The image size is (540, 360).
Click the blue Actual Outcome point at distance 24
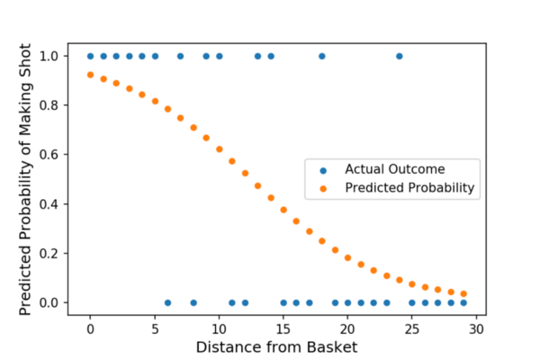[x=399, y=57]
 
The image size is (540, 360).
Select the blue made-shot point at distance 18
[x=321, y=57]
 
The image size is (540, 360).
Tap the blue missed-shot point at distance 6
[x=167, y=302]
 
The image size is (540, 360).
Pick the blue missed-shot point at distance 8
[x=193, y=302]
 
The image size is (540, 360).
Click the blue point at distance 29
[x=463, y=302]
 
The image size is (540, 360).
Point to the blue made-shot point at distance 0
[x=90, y=57]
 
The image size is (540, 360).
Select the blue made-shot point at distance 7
[x=180, y=57]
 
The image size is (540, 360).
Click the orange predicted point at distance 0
[x=90, y=75]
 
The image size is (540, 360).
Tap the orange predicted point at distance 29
[x=463, y=293]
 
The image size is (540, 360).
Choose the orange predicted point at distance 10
[x=219, y=149]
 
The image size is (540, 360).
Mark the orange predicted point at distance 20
[x=347, y=257]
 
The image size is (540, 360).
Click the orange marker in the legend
[x=324, y=188]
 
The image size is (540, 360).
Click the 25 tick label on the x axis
[x=412, y=329]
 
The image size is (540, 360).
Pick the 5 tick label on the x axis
[x=155, y=329]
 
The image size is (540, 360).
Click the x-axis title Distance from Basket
[x=276, y=346]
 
